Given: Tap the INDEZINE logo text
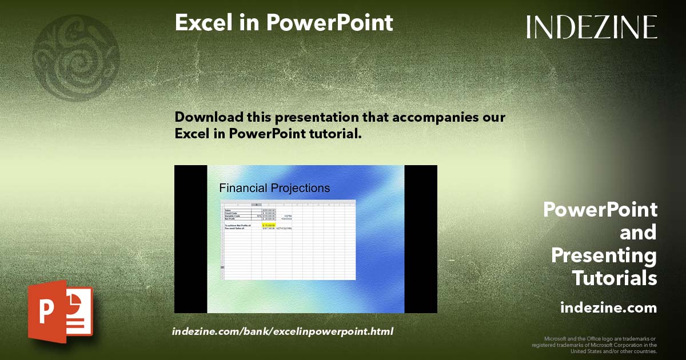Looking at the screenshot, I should (x=592, y=27).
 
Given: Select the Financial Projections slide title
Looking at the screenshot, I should (x=274, y=188).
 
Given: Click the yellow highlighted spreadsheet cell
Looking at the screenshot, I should (x=269, y=226).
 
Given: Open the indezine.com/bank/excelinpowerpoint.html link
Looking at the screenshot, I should (x=282, y=331).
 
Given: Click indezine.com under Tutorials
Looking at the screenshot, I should (x=608, y=308).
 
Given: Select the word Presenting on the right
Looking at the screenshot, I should (x=604, y=255).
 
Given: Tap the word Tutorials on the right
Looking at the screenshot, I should (x=614, y=278).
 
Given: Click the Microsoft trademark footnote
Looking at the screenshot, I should (x=595, y=345).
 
